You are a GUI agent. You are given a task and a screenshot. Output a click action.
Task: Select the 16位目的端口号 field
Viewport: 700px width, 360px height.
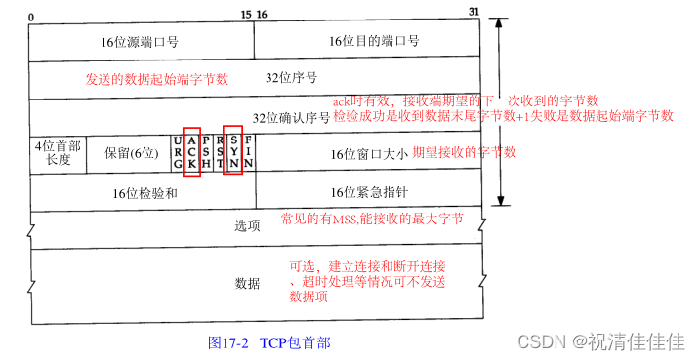coord(374,42)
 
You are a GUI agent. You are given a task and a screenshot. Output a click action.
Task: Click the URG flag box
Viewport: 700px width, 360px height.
coord(177,152)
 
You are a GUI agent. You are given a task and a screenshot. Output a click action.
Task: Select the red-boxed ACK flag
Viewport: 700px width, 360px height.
coord(191,152)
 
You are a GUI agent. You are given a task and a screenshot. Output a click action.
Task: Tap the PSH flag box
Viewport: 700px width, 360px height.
coord(206,152)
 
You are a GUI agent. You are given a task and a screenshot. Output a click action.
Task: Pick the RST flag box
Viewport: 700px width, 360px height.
coord(220,152)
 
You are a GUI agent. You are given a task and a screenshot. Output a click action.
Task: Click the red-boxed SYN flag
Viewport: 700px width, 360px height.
coord(233,152)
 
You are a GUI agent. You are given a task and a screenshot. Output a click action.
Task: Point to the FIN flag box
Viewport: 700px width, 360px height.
coord(247,152)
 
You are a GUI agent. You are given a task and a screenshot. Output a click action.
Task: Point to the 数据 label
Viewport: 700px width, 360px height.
coord(248,283)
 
